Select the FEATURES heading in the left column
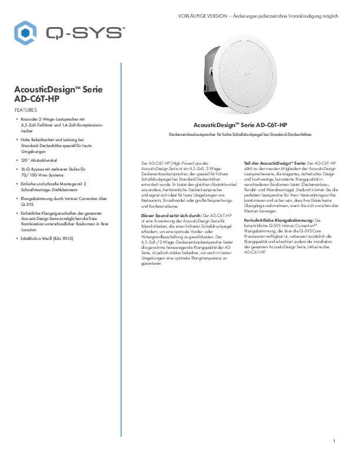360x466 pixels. point(25,110)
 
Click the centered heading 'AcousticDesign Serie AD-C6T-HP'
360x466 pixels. point(240,125)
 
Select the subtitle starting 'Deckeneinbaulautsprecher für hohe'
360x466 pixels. point(240,135)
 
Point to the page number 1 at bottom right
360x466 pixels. point(334,441)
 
